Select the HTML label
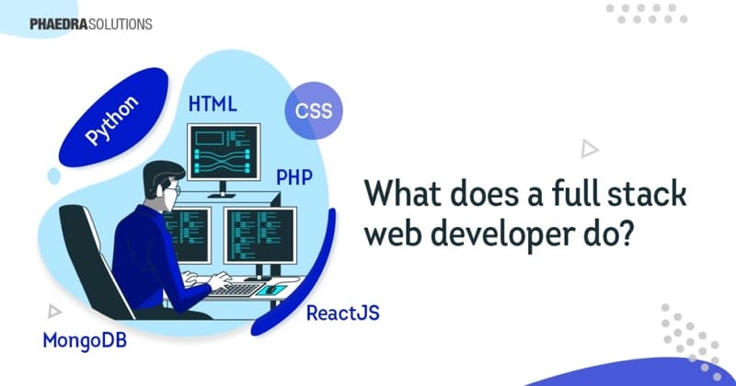tap(213, 104)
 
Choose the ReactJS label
tap(341, 313)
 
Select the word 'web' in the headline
tap(394, 236)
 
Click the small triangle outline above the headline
tap(588, 148)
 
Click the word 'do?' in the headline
tap(604, 236)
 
